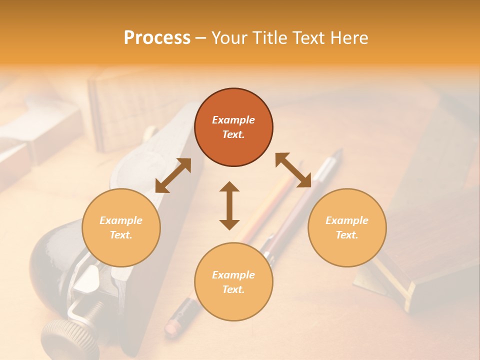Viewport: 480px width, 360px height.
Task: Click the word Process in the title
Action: (157, 38)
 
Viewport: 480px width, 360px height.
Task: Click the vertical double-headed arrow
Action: (229, 205)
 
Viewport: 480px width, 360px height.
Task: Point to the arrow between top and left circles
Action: (173, 175)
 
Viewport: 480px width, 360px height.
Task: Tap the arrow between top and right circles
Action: (293, 170)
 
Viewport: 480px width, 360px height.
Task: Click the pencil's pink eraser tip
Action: (171, 327)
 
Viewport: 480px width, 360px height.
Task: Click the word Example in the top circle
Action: (233, 120)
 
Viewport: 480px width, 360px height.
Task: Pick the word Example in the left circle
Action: (121, 220)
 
